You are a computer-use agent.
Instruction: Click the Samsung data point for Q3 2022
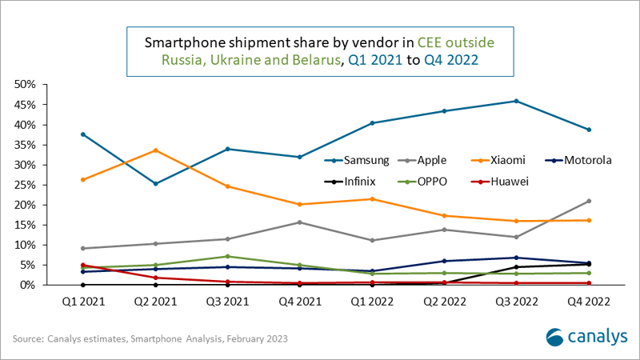click(x=516, y=101)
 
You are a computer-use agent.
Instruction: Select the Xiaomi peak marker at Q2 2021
click(x=155, y=150)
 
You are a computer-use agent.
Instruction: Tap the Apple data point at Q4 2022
click(x=589, y=201)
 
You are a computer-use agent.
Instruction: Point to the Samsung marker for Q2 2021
click(x=155, y=184)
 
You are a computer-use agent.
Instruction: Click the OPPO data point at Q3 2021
click(x=228, y=256)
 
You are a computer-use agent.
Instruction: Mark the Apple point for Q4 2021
click(x=300, y=222)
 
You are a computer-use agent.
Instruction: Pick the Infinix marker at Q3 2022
click(x=516, y=267)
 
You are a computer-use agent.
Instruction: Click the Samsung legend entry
click(x=357, y=161)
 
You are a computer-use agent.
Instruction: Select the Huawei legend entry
click(x=500, y=182)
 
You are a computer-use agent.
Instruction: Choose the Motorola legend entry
click(x=578, y=161)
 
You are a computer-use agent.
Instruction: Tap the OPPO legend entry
click(x=422, y=182)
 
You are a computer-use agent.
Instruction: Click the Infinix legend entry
click(x=350, y=182)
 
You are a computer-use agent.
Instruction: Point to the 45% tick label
click(x=25, y=105)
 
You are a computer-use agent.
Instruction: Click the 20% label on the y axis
click(x=25, y=205)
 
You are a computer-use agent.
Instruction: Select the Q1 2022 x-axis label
click(x=372, y=302)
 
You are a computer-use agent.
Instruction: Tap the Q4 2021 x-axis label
click(x=300, y=302)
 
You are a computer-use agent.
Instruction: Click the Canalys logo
click(x=586, y=337)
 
